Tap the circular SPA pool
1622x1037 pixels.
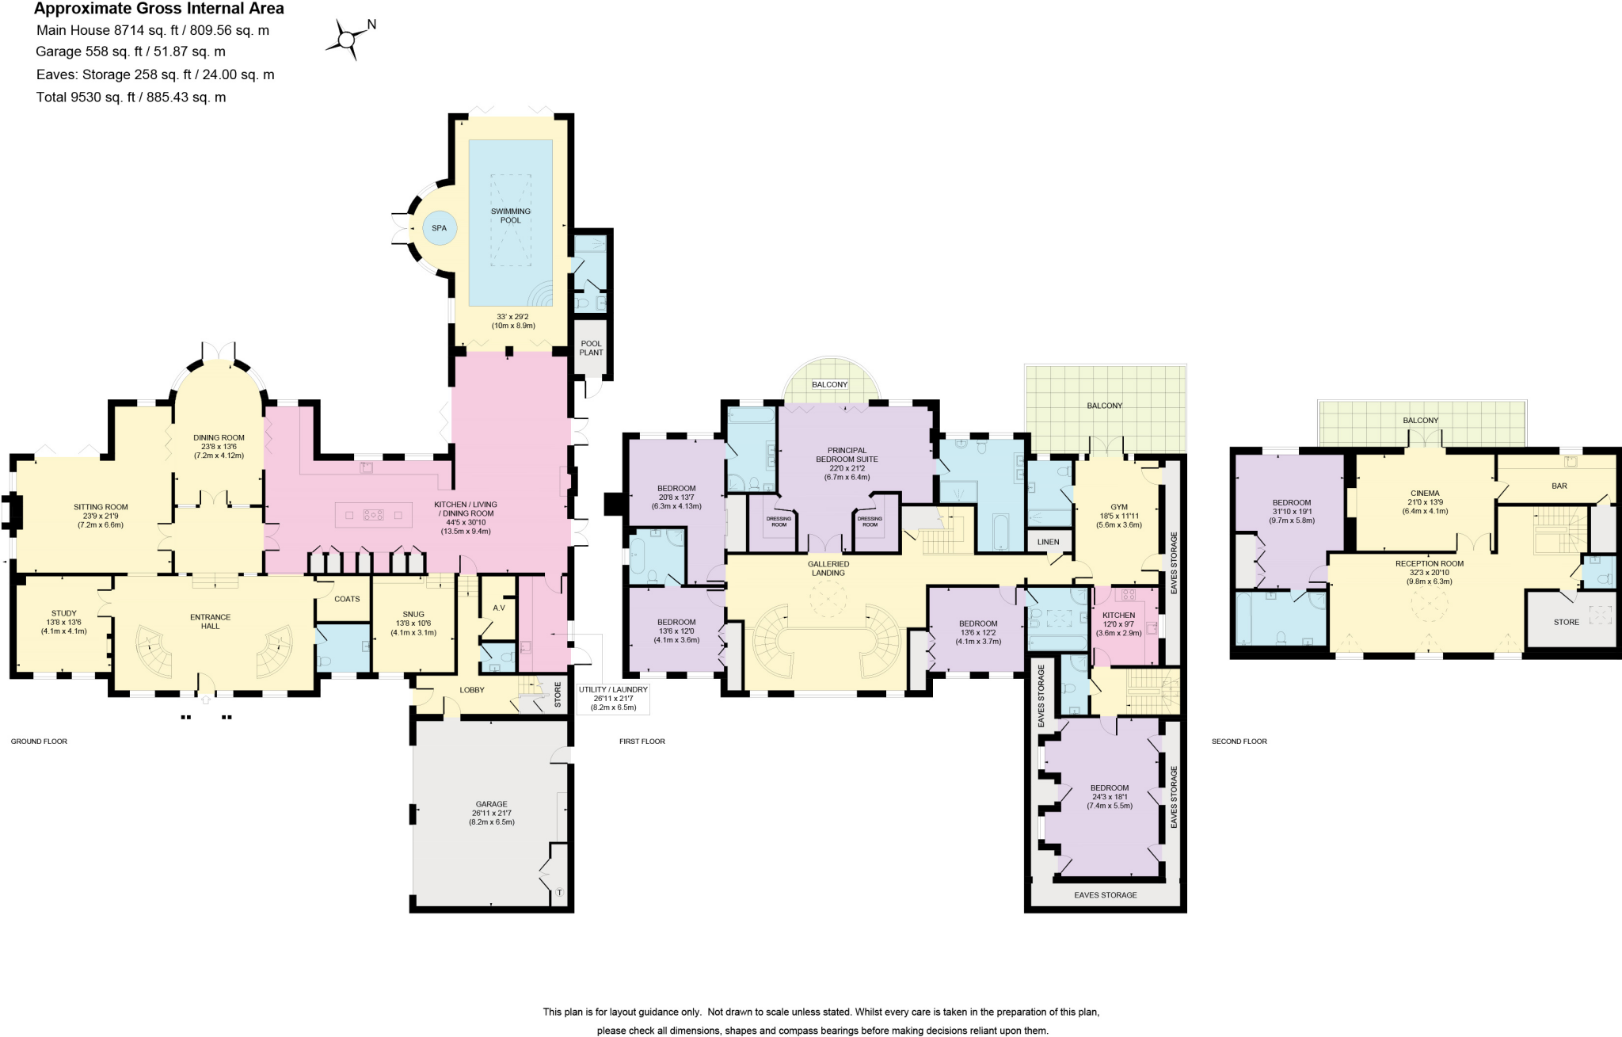click(x=439, y=228)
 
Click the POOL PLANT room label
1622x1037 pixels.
click(x=591, y=348)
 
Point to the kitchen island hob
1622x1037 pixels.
click(x=373, y=515)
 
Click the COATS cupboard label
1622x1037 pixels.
click(x=347, y=599)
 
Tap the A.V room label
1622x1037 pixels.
click(x=499, y=608)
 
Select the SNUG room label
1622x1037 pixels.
click(x=413, y=614)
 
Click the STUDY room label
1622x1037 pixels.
click(x=64, y=613)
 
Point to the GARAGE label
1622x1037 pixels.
click(x=491, y=804)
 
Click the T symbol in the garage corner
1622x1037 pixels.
click(x=559, y=893)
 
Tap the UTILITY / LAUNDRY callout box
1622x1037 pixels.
click(x=613, y=698)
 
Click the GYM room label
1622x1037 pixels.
click(x=1119, y=507)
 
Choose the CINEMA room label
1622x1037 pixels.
click(x=1425, y=493)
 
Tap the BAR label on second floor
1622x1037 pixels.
click(x=1559, y=486)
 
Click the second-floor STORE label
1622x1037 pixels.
click(x=1566, y=622)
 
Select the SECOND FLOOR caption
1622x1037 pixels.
click(x=1239, y=742)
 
